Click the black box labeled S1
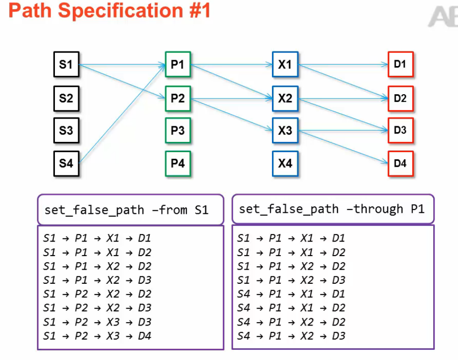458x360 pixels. [66, 65]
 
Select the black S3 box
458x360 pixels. [66, 130]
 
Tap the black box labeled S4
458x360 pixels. [66, 163]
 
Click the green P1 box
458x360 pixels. [178, 64]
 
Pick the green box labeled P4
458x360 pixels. [178, 163]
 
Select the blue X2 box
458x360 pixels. [285, 98]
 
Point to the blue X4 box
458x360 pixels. [285, 163]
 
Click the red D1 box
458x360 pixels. [400, 64]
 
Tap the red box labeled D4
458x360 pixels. [400, 163]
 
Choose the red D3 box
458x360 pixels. [400, 130]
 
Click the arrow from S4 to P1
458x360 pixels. [121, 114]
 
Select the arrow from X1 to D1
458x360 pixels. [343, 64]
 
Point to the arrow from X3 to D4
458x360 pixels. [343, 147]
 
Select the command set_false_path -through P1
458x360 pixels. [332, 209]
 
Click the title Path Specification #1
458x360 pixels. [110, 10]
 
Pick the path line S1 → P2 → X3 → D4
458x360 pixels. [97, 336]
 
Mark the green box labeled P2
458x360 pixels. [178, 98]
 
